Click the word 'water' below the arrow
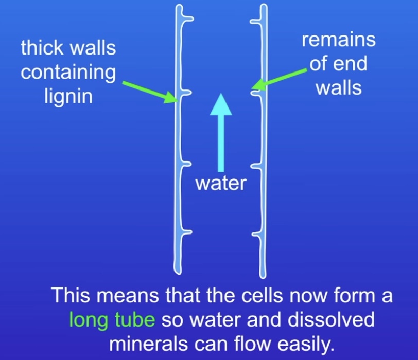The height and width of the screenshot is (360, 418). pyautogui.click(x=221, y=183)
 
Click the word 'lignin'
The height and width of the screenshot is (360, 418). pyautogui.click(x=68, y=95)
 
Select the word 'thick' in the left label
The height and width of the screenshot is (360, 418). pyautogui.click(x=42, y=49)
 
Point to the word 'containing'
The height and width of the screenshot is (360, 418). pyautogui.click(x=68, y=72)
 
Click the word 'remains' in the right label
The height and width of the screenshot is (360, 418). pyautogui.click(x=338, y=40)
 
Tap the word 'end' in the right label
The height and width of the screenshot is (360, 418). pyautogui.click(x=353, y=64)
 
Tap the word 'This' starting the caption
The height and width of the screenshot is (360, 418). pyautogui.click(x=69, y=297)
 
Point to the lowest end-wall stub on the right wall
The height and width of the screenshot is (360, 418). pyautogui.click(x=255, y=236)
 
